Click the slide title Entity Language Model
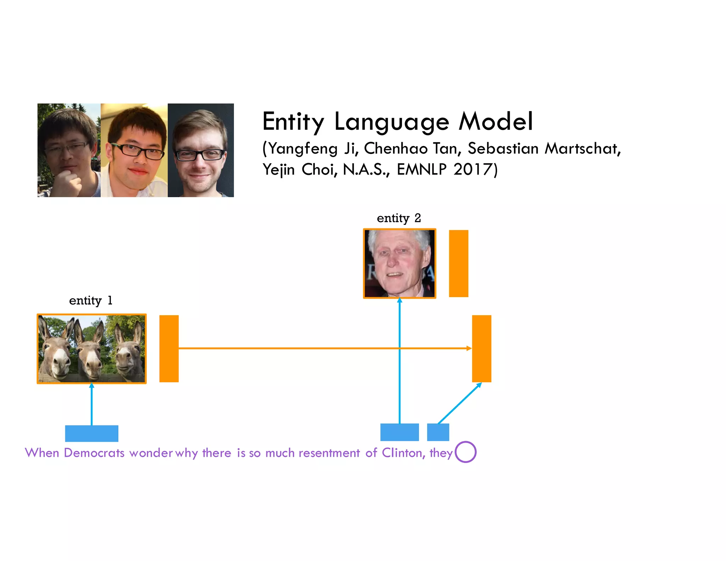click(x=397, y=122)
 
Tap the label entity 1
click(x=91, y=300)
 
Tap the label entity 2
click(x=399, y=218)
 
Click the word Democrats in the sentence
click(x=94, y=453)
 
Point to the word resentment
click(x=329, y=453)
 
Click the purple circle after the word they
click(x=465, y=452)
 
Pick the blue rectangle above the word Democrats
click(x=91, y=433)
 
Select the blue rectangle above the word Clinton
click(x=400, y=432)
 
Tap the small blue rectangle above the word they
click(x=438, y=432)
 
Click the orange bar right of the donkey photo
click(x=169, y=349)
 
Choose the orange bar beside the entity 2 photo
click(x=458, y=263)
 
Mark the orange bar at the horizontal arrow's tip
click(x=481, y=349)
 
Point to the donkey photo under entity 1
click(x=91, y=349)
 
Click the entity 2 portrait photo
click(x=400, y=263)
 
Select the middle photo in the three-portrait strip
click(x=134, y=150)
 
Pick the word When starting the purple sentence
click(x=42, y=453)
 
